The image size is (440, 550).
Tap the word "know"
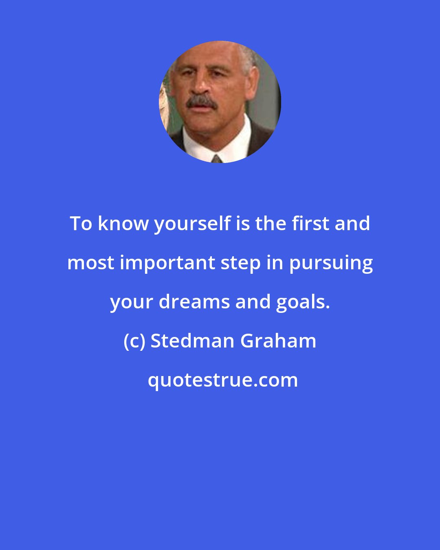tap(123, 223)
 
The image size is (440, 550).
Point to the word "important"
tap(168, 263)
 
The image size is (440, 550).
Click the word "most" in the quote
tap(90, 263)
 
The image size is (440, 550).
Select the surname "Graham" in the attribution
tap(278, 341)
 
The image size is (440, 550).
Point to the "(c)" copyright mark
tap(134, 341)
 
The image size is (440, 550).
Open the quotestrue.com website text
tap(222, 380)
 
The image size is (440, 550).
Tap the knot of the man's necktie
tap(217, 159)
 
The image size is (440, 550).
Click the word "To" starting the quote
tap(81, 223)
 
